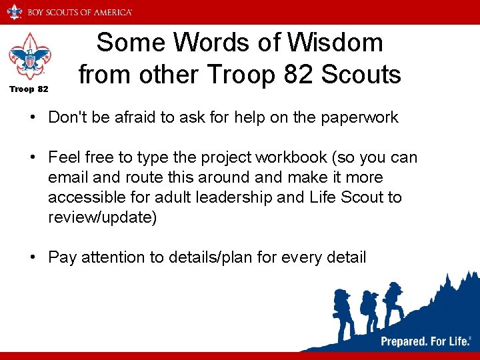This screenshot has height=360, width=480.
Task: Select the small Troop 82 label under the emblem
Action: point(28,89)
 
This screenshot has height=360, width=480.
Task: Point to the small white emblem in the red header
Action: point(14,11)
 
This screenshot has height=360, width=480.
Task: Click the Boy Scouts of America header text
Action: point(79,12)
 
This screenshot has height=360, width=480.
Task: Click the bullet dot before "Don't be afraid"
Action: point(32,118)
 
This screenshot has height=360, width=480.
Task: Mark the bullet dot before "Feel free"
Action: point(32,157)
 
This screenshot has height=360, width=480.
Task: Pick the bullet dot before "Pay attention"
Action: point(32,257)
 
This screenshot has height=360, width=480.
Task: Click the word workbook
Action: point(302,157)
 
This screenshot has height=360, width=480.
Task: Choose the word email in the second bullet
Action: point(67,177)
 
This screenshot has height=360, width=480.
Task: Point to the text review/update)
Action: point(103,217)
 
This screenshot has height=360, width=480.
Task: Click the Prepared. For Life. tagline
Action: point(423,341)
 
